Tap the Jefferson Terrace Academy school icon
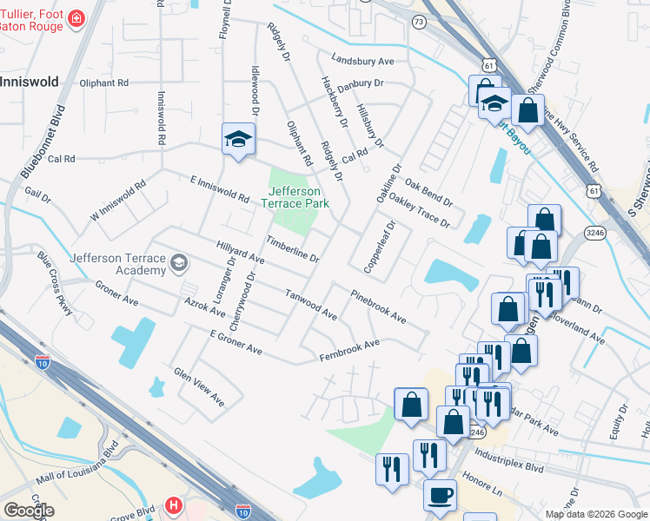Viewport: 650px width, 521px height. pyautogui.click(x=179, y=262)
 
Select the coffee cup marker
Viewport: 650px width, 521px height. pyautogui.click(x=440, y=495)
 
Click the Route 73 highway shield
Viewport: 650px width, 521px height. pyautogui.click(x=419, y=22)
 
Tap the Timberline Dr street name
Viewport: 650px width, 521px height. pyautogui.click(x=293, y=247)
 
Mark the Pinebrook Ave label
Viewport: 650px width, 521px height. pyautogui.click(x=379, y=306)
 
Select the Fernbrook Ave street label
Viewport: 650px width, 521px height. pyautogui.click(x=349, y=350)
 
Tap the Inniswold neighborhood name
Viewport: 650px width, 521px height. pyautogui.click(x=30, y=82)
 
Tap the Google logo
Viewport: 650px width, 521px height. pyautogui.click(x=29, y=511)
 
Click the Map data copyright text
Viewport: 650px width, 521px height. pyautogui.click(x=595, y=515)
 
